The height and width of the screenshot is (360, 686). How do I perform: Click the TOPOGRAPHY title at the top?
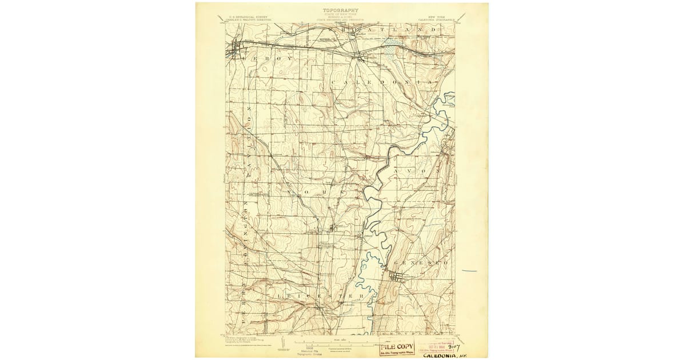[x=341, y=10]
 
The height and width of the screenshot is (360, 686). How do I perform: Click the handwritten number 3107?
[x=454, y=345]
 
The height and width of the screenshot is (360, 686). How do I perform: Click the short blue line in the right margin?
[x=469, y=271]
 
